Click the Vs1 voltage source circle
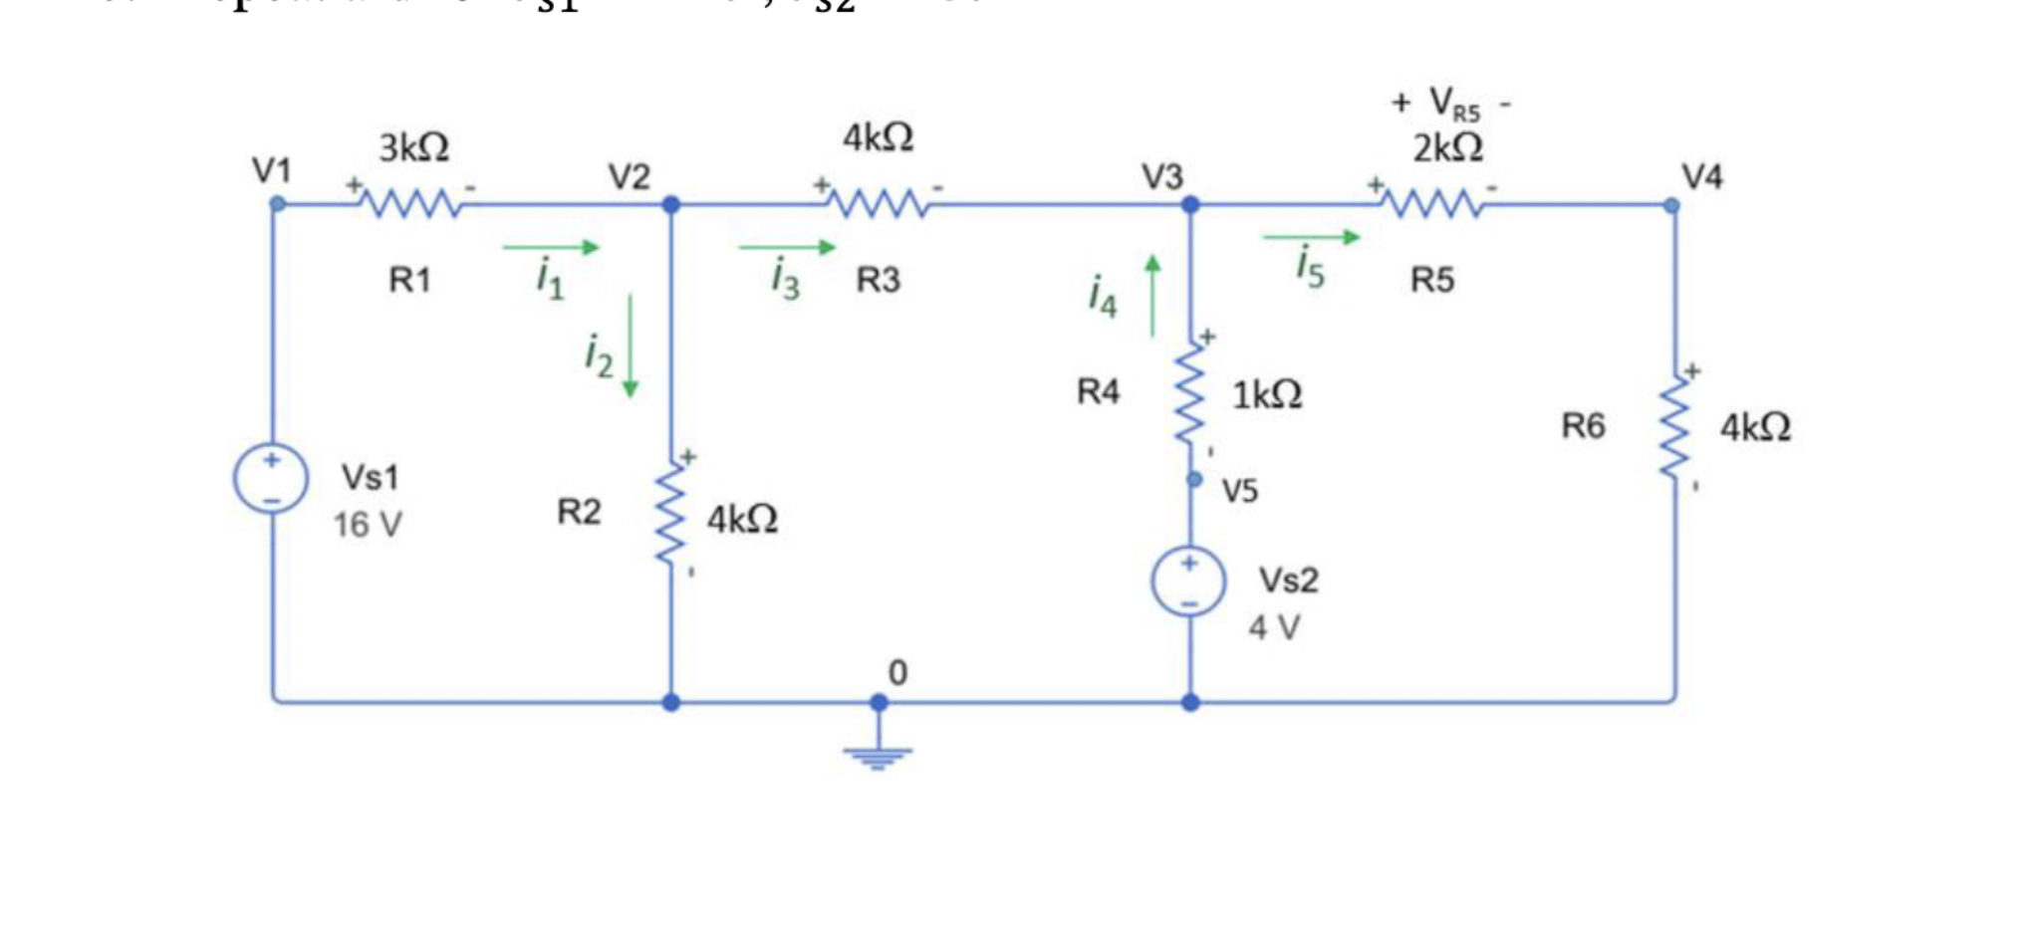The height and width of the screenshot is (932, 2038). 271,478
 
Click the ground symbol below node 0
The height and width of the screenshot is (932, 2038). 878,757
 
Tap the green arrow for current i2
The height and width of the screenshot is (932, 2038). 630,347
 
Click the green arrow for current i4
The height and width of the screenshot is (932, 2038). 1152,296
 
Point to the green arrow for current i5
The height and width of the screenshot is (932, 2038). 1311,237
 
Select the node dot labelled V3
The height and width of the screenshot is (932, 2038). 1190,205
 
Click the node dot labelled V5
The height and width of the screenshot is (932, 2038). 1194,480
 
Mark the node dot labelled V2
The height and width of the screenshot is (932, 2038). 671,205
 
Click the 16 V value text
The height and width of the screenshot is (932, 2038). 367,525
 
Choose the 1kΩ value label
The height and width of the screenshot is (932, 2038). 1267,395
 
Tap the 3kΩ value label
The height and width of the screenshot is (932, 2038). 413,148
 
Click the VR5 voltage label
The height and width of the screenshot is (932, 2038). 1453,103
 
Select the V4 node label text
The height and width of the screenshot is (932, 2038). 1701,177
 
